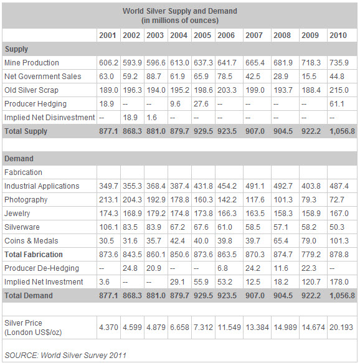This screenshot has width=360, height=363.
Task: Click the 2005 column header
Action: (x=202, y=35)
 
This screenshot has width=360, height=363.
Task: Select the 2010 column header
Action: (x=338, y=35)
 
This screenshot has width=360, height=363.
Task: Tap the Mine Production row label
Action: (x=32, y=63)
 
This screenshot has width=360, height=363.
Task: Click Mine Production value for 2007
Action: (x=255, y=63)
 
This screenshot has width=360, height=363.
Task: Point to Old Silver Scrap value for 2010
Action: (x=339, y=90)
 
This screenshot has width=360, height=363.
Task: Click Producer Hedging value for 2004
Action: (x=175, y=104)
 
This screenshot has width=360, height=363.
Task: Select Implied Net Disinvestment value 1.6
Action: (x=151, y=118)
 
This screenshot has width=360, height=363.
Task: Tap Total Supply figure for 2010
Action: (x=342, y=131)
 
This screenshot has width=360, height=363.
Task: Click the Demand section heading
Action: (x=19, y=159)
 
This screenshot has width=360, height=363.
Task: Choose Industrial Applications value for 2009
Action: (x=311, y=186)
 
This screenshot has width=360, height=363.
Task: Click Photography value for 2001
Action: (x=108, y=200)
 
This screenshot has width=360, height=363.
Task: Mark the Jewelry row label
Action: (x=17, y=214)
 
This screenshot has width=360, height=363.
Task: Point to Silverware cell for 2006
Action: (x=225, y=227)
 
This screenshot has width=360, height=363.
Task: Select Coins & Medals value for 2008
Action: (x=281, y=241)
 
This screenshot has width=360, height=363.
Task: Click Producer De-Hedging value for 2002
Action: (x=130, y=268)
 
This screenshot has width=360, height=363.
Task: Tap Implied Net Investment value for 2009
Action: (x=311, y=281)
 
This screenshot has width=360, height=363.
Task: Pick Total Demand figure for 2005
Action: (x=203, y=296)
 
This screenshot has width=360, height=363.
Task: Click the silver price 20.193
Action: (x=341, y=328)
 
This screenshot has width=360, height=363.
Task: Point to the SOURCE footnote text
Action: (x=65, y=355)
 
